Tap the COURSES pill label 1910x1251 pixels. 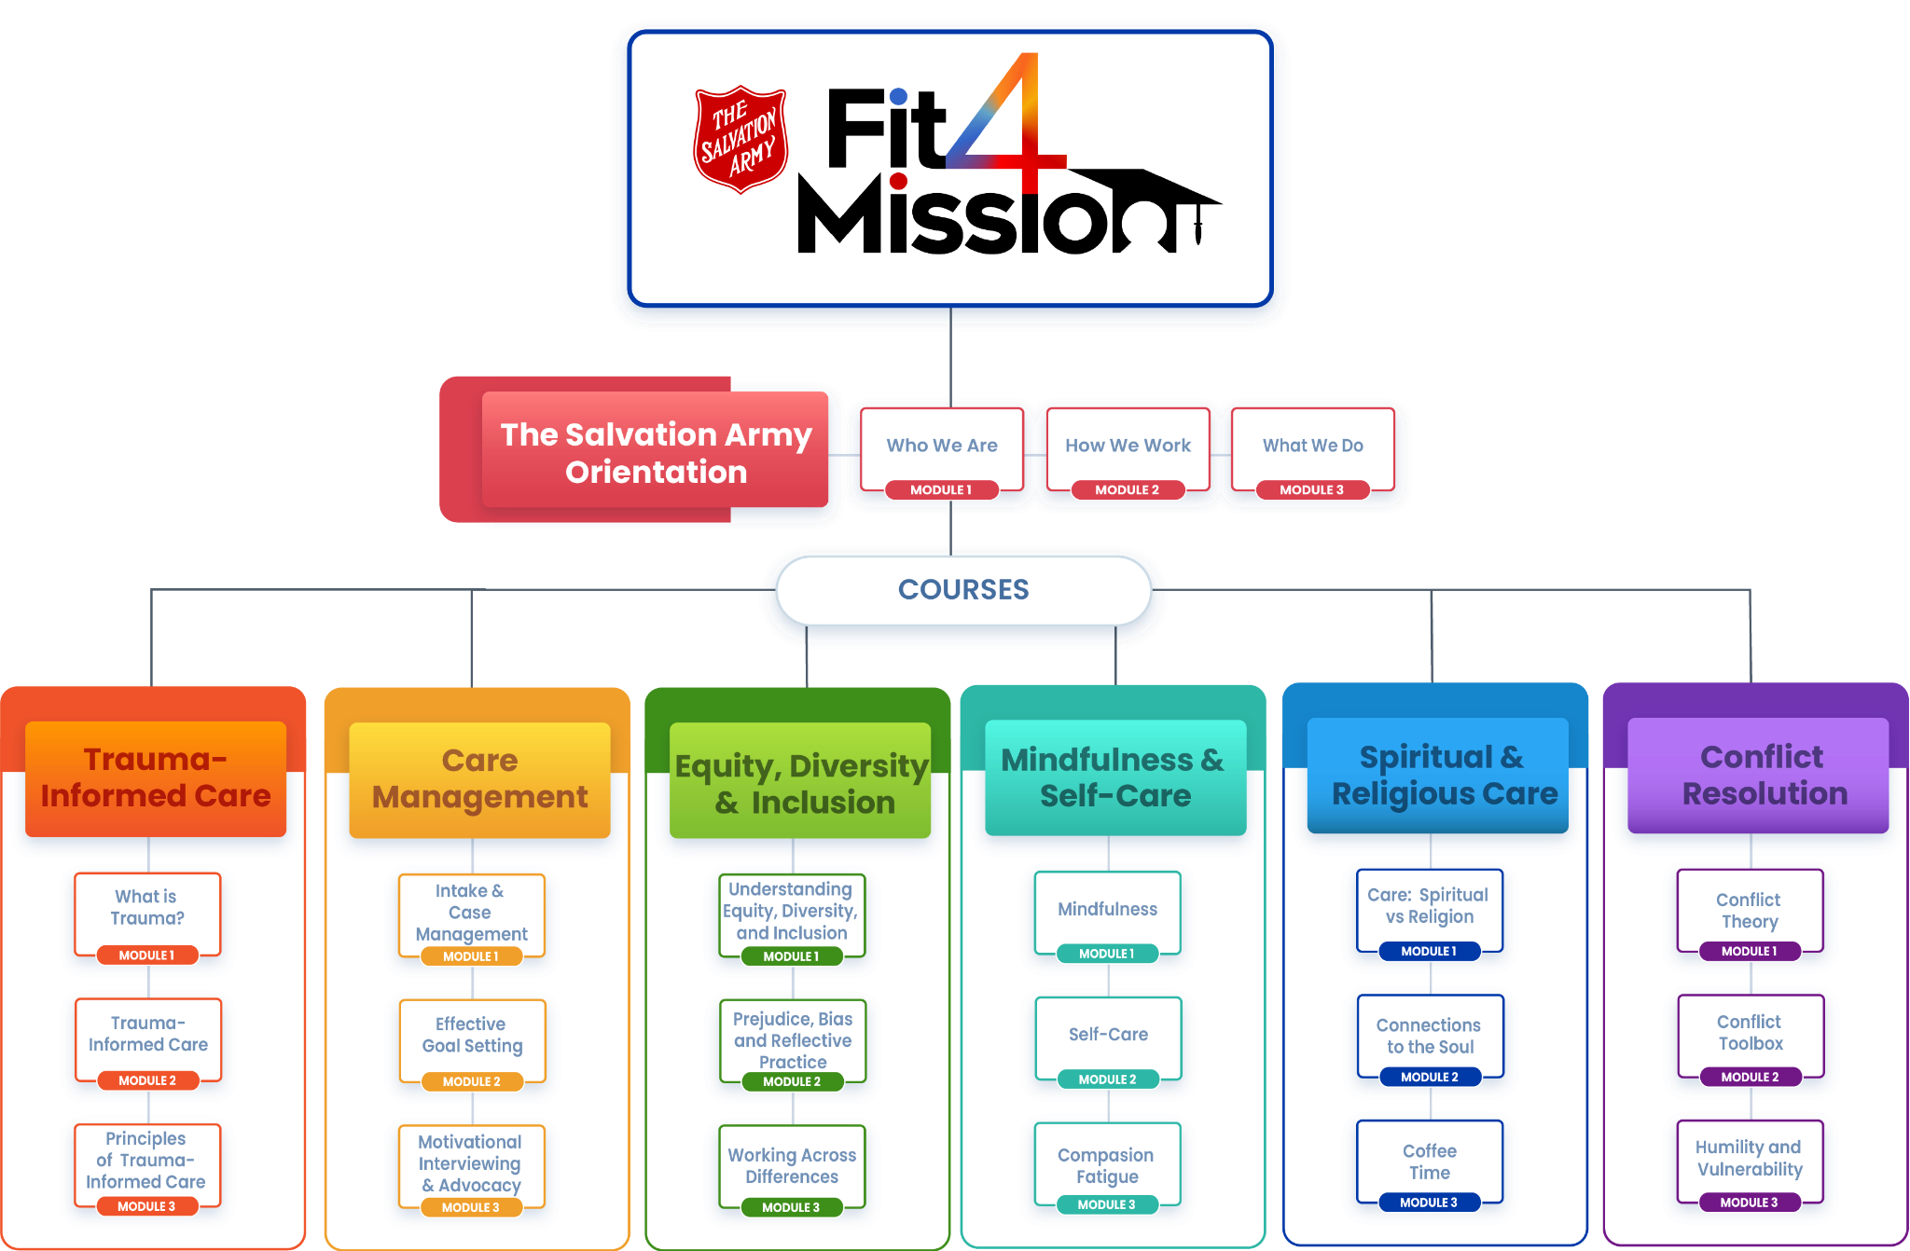coord(963,589)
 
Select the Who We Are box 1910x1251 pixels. coord(942,447)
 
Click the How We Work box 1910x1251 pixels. coord(1128,447)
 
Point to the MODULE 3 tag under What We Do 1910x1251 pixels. coord(1311,489)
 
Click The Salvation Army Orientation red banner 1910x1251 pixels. coord(656,453)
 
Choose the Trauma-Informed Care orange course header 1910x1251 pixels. coord(156,777)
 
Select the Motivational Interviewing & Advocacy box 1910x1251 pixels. coord(471,1162)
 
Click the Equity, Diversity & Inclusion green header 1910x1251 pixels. coord(800,783)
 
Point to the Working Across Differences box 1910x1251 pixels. coord(792,1165)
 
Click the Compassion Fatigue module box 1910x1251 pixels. coord(1106,1165)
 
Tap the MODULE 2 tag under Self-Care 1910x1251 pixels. coord(1107,1079)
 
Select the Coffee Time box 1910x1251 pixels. coord(1430,1162)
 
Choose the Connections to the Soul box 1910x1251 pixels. coord(1430,1035)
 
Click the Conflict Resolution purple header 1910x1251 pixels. coord(1759,776)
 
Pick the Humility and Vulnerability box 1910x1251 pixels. coord(1750,1158)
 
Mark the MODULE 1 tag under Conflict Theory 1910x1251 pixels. coord(1749,952)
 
